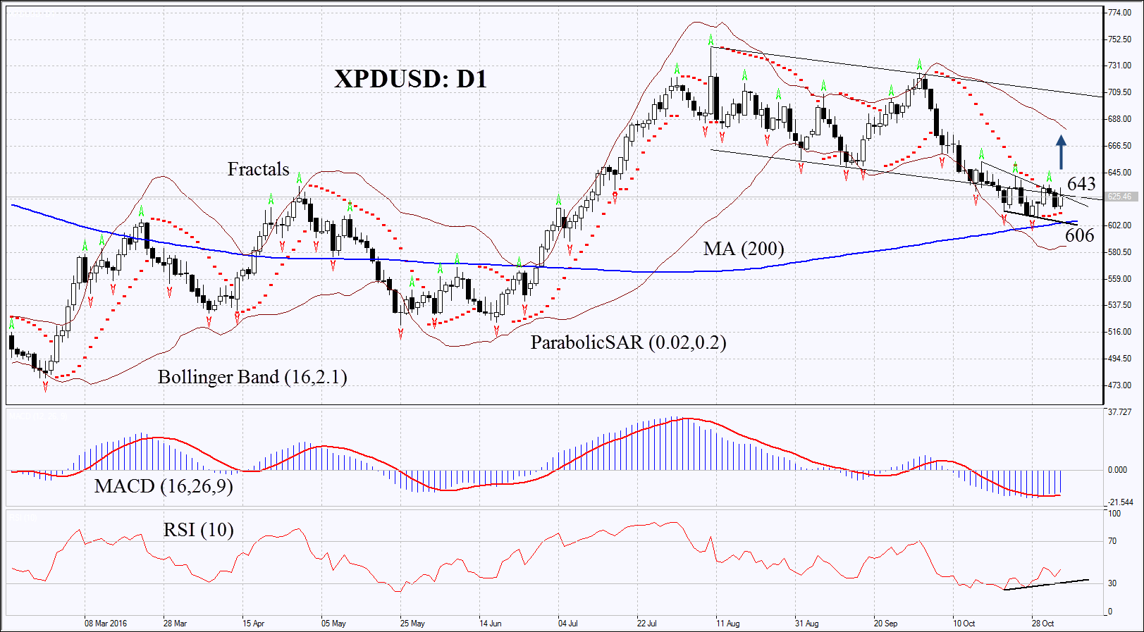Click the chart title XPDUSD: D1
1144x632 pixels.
tap(410, 79)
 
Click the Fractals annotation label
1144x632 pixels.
tap(258, 169)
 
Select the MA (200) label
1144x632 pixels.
tap(743, 249)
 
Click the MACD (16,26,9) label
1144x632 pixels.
tap(164, 486)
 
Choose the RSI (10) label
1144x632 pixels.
tap(198, 530)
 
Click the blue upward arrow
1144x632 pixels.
tap(1061, 152)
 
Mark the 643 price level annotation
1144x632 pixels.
tap(1081, 185)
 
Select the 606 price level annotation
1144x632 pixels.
tap(1079, 235)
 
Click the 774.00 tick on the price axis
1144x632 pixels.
tap(1119, 13)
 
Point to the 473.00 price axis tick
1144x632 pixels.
tap(1119, 385)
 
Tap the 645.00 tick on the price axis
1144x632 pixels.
tap(1119, 173)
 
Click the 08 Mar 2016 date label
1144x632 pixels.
tap(106, 624)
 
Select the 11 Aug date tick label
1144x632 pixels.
tap(727, 624)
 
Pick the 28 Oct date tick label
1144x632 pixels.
tap(1042, 624)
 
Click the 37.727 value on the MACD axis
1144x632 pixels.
tap(1119, 412)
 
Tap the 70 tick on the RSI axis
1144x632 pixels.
tap(1112, 541)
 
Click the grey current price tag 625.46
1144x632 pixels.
tap(1119, 197)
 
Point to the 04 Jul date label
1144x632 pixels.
tap(568, 624)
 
